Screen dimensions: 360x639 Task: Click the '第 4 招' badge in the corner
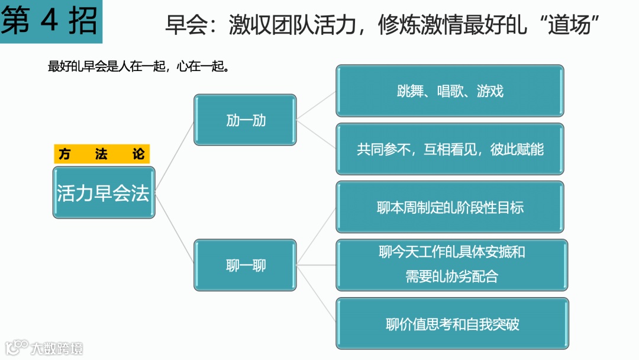[x=50, y=21]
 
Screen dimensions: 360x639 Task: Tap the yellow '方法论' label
[x=102, y=155]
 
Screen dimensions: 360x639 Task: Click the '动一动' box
[x=245, y=120]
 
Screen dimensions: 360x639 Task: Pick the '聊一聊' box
[x=245, y=265]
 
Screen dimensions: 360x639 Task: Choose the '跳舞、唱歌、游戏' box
[x=450, y=91]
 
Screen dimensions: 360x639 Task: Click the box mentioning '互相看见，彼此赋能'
[x=450, y=149]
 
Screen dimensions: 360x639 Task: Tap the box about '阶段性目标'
[x=450, y=207]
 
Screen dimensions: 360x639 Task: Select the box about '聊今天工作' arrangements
[x=451, y=265]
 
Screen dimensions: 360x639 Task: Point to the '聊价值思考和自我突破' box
[x=452, y=323]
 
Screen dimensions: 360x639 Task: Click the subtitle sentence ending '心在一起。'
[x=138, y=66]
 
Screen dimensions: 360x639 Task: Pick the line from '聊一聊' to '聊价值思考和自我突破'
[x=317, y=294]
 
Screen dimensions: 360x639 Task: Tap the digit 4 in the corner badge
[x=50, y=21]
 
